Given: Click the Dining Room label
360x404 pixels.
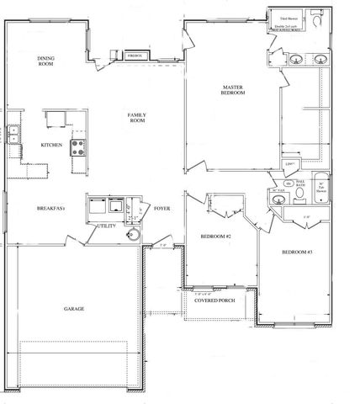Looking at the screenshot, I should pos(45,61).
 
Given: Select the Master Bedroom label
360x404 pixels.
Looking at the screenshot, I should pos(233,89).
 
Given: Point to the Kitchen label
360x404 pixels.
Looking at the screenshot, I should pos(52,145).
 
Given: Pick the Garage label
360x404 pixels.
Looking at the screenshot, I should pos(74,308).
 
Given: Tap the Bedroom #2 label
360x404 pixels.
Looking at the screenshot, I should pos(215,237).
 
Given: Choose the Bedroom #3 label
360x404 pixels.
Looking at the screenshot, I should pos(297,252).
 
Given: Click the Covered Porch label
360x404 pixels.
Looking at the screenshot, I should pos(214,299).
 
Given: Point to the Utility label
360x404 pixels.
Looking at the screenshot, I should pos(106,226).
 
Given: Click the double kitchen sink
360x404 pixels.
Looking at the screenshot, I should pos(14,135).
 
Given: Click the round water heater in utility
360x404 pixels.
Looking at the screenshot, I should pos(133,236).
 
